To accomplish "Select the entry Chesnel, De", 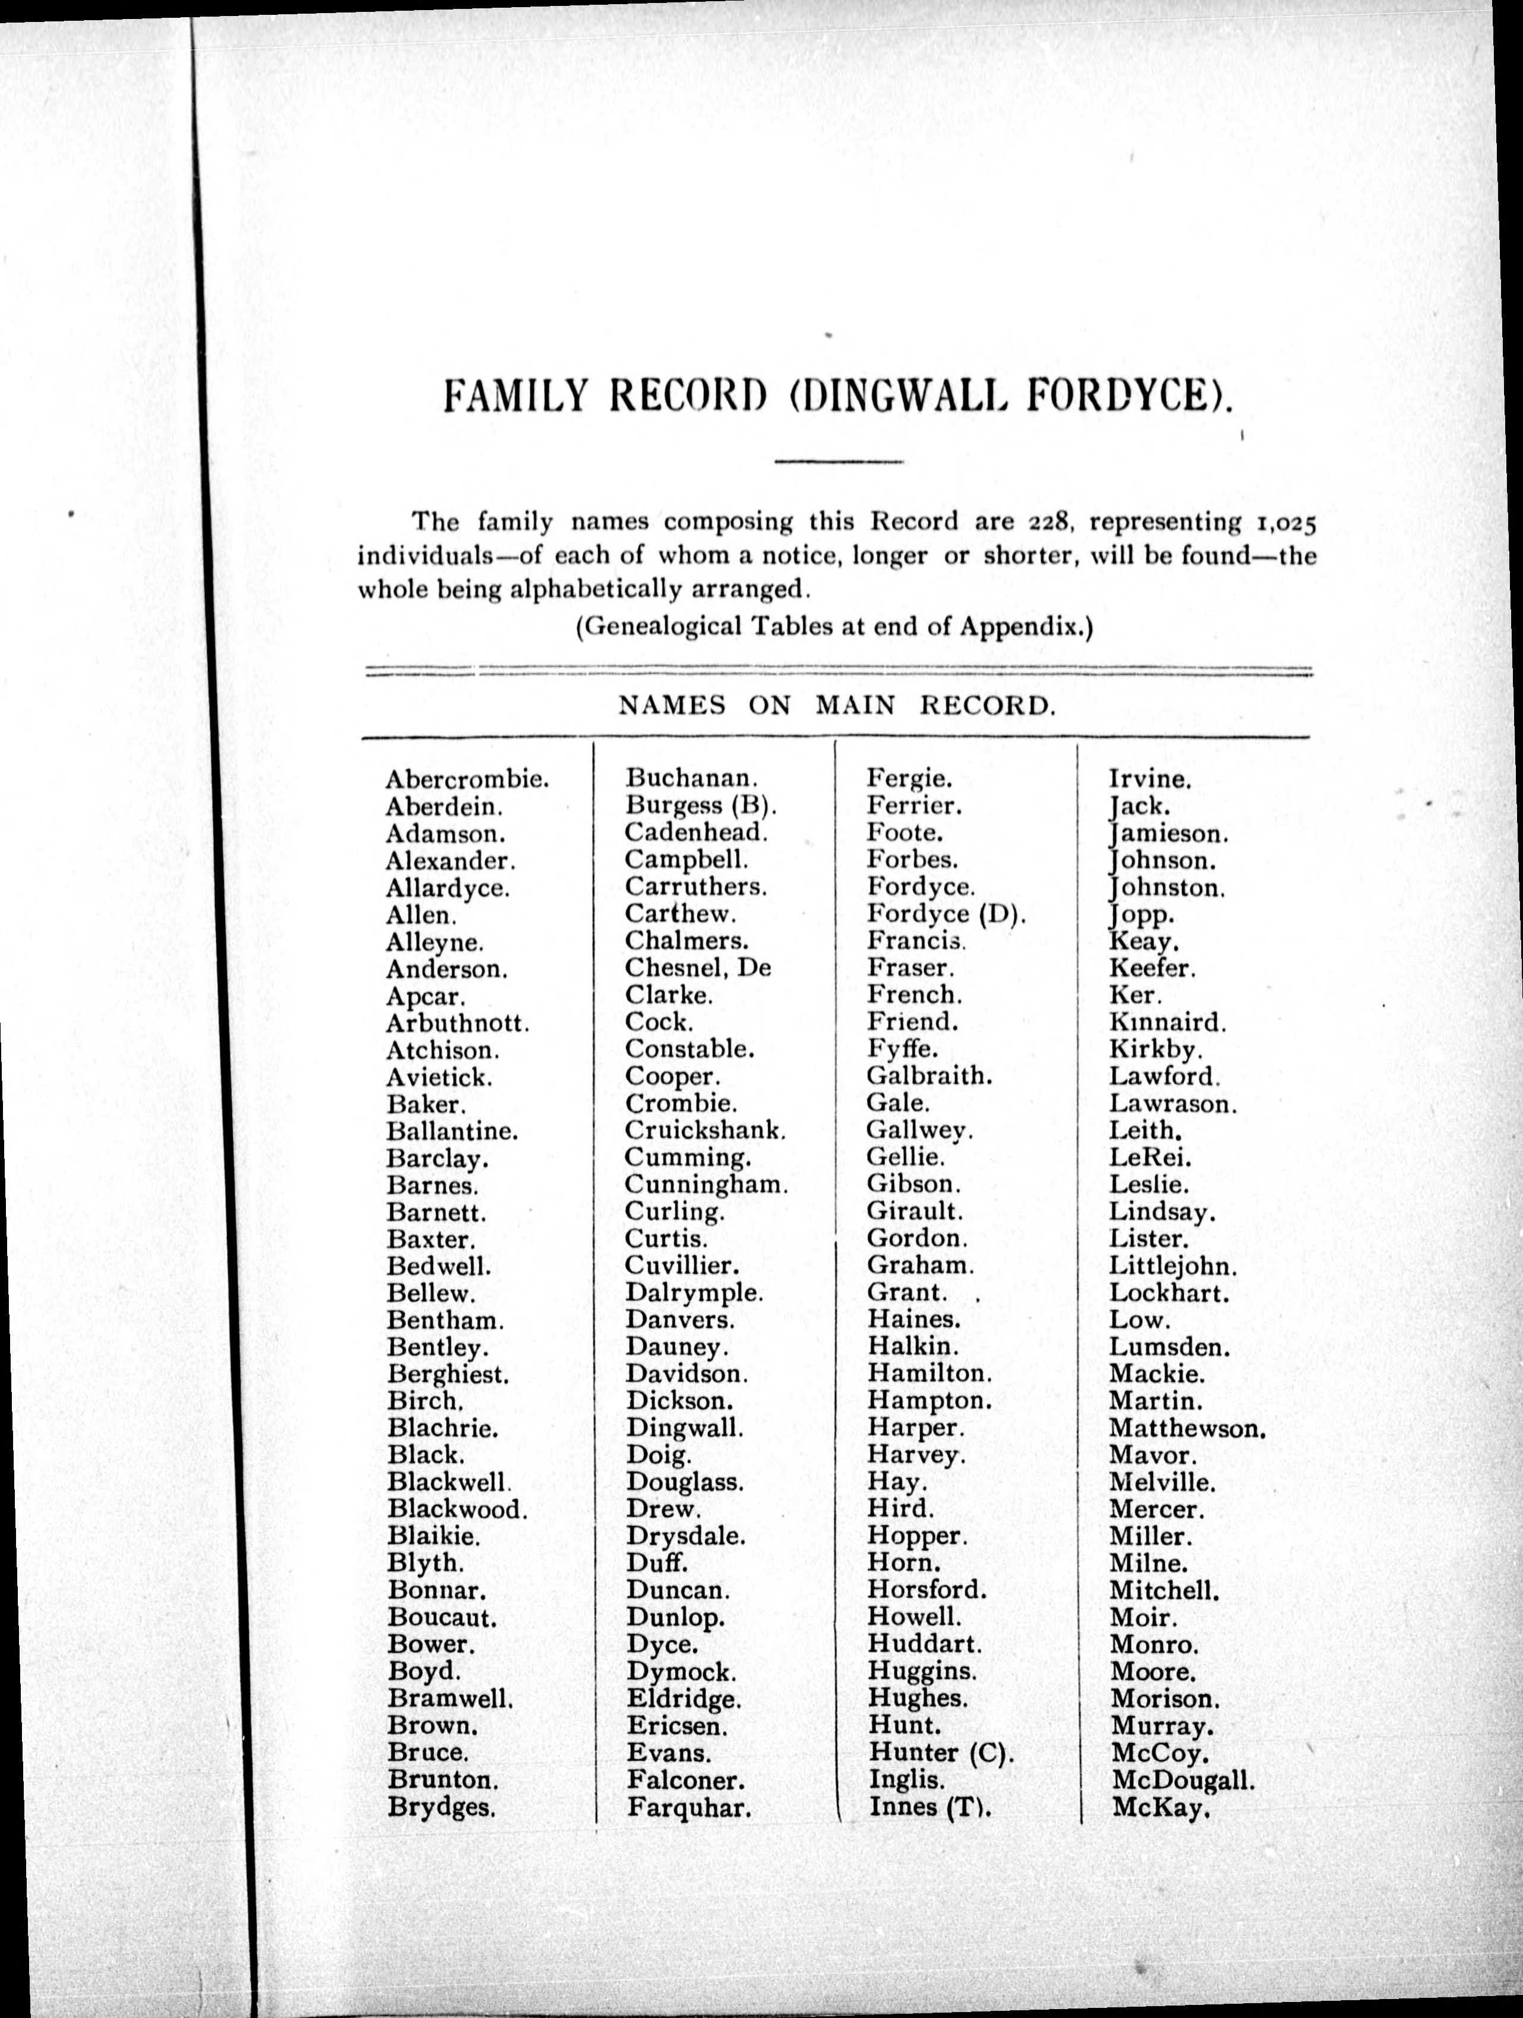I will click(698, 968).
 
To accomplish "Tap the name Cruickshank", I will click(704, 1130).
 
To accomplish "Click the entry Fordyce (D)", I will click(946, 914).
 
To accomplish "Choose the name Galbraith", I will click(929, 1077).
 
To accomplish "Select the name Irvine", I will click(1151, 780).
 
